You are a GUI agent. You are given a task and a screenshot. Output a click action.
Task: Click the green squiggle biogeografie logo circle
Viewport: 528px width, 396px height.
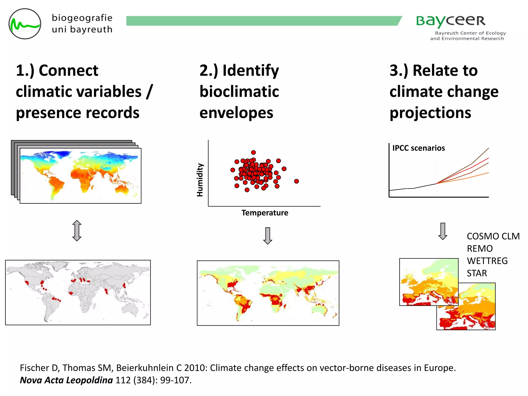[25, 24]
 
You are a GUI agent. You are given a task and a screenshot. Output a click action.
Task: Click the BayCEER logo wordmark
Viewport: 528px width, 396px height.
[451, 21]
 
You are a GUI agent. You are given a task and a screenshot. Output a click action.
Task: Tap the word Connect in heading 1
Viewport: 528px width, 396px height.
[68, 70]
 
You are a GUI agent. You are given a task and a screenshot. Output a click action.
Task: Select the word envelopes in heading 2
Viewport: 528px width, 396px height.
[236, 113]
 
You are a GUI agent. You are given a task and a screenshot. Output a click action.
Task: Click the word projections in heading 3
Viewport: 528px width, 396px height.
[430, 113]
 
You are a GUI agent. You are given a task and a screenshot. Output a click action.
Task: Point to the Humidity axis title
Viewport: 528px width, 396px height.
[200, 180]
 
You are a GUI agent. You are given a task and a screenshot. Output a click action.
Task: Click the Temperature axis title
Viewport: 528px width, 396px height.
[265, 213]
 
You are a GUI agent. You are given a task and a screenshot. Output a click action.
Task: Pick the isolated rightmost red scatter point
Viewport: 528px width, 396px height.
[296, 181]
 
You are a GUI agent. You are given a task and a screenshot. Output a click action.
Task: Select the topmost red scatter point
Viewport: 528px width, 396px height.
[253, 152]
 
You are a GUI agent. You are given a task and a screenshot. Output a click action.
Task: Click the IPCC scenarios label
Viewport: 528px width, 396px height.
[418, 148]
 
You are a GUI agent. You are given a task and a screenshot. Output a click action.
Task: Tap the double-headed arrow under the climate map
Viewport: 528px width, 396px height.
[77, 230]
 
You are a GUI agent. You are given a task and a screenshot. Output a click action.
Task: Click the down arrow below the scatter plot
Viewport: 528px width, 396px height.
[268, 236]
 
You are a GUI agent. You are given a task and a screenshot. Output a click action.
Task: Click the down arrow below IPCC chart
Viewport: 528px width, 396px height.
[443, 231]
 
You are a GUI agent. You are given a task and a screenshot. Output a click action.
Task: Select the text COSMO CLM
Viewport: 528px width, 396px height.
[493, 236]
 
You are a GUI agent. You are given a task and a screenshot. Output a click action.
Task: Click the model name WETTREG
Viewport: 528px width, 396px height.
[487, 261]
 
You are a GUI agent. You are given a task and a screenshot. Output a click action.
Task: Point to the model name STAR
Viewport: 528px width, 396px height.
[477, 273]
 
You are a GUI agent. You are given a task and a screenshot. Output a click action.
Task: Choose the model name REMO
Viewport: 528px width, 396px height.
[480, 249]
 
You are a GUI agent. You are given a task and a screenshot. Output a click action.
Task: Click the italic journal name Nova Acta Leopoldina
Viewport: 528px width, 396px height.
[66, 380]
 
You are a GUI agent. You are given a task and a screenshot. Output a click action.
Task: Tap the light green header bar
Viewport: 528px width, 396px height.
[263, 21]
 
